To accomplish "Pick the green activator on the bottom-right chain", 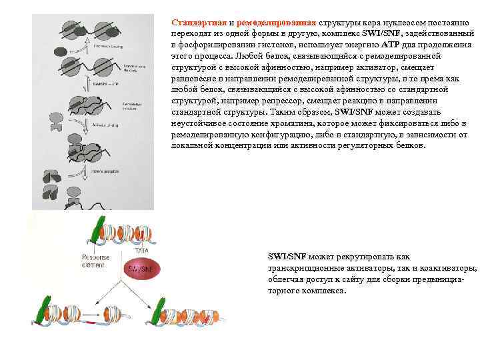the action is pos(160,311).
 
